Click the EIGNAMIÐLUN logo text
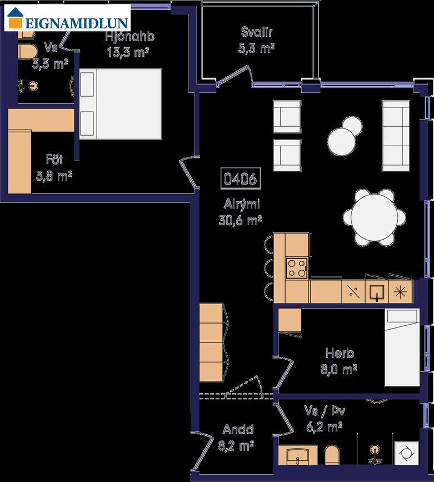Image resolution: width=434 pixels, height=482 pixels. tap(76, 23)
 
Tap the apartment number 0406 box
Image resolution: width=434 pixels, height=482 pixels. tap(241, 178)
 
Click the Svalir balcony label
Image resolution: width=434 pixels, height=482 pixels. tap(257, 32)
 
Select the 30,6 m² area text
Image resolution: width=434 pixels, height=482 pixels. tap(240, 220)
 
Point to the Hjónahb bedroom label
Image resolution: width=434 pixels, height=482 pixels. tap(129, 36)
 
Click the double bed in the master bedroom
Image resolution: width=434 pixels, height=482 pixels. tap(120, 104)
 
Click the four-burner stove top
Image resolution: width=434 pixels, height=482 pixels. tap(297, 268)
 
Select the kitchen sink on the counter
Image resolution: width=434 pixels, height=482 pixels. tap(377, 292)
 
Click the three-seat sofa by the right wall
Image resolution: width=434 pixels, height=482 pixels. tap(396, 136)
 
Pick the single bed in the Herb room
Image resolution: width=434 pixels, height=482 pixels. tap(402, 347)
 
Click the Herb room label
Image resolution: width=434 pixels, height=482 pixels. tap(340, 353)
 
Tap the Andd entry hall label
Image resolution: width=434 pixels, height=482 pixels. tap(238, 429)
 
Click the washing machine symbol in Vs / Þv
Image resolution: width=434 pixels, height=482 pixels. tap(406, 453)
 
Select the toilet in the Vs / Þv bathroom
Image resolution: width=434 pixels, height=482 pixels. tap(332, 455)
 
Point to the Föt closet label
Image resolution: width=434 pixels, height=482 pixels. tap(54, 159)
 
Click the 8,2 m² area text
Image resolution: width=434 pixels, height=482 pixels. tap(236, 445)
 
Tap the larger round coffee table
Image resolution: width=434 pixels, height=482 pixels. tap(341, 142)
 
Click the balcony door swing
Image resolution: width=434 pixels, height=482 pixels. tap(234, 75)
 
